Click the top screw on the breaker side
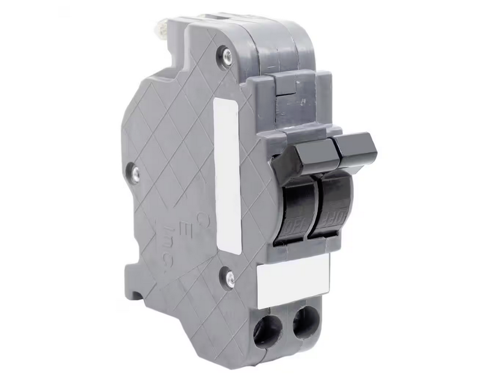point(227,55)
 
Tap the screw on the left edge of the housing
point(135,173)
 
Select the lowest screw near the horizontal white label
point(230,278)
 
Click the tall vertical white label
point(227,175)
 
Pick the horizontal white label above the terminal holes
point(293,280)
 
